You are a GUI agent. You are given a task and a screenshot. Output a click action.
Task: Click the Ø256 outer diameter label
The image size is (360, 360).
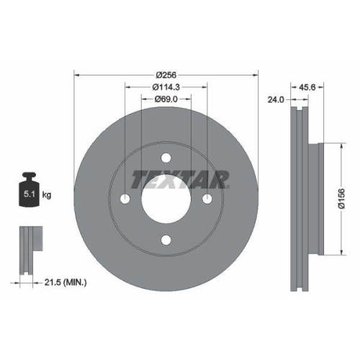coord(166,74)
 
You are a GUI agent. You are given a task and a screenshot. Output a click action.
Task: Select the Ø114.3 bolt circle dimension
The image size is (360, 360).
coord(166,87)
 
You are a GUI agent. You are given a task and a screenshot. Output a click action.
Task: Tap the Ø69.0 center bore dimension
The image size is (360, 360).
coord(166,100)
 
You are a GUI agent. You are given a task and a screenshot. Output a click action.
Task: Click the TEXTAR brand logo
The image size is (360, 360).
coord(180,178)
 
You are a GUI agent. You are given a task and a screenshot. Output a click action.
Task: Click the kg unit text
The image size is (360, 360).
coord(46,195)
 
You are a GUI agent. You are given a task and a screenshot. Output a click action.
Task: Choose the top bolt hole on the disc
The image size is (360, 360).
coord(166,159)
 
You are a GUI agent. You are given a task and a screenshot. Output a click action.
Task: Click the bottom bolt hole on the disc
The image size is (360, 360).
coord(166,240)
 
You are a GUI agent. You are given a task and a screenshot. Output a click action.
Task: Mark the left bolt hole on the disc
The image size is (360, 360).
coord(125,199)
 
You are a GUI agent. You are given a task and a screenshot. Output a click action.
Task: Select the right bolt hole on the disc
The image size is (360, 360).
coord(207,199)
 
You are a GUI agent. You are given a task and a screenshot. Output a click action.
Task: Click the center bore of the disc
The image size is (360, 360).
coord(166,199)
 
